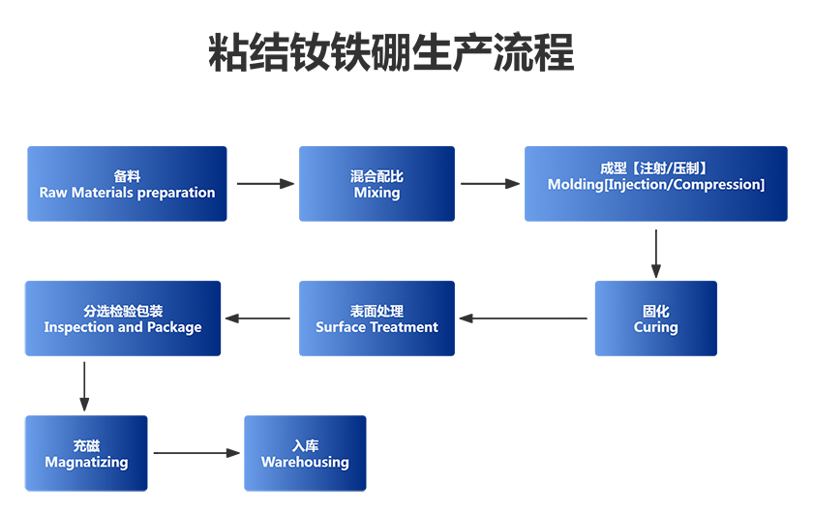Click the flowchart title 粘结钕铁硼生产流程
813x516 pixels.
click(x=391, y=54)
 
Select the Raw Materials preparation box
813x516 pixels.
click(x=127, y=184)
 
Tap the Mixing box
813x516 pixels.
click(x=376, y=184)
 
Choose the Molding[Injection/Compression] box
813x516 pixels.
click(x=655, y=184)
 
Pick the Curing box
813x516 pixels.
click(x=655, y=319)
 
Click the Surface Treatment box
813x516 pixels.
click(x=376, y=319)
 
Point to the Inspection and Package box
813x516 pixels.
click(x=123, y=319)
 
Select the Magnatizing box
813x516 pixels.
click(x=86, y=453)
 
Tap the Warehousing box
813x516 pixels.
click(x=305, y=453)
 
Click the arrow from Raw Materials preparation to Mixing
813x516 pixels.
click(x=264, y=183)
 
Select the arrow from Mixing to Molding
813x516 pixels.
click(x=490, y=183)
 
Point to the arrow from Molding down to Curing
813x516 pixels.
click(x=656, y=253)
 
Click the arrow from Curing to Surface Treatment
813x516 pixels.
click(x=523, y=318)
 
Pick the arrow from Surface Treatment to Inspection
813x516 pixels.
click(x=257, y=318)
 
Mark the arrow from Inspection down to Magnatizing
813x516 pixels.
click(x=84, y=386)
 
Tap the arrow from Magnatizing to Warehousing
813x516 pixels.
click(x=196, y=452)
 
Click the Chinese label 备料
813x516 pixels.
click(x=127, y=176)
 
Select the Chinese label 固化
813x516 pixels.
click(x=655, y=311)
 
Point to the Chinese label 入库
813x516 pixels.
click(x=305, y=445)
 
